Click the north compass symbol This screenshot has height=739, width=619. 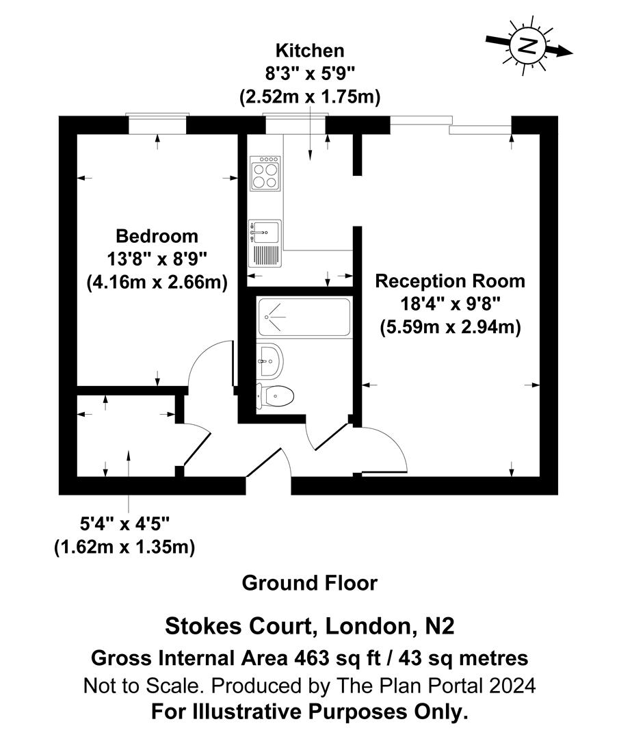tap(527, 47)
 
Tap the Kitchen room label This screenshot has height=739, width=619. tap(309, 51)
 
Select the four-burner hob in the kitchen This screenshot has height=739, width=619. tap(266, 173)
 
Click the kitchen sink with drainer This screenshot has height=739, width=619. tap(266, 244)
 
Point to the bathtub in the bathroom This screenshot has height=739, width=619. tap(304, 317)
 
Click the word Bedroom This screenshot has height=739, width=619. tap(157, 237)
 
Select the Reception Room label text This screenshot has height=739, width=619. tap(450, 281)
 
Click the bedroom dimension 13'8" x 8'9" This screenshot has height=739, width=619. tap(157, 259)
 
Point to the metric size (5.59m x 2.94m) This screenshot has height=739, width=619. tap(451, 327)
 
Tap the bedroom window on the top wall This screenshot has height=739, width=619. tap(157, 125)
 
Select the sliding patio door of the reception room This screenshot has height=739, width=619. tap(451, 125)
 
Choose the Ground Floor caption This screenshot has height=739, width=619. tap(309, 583)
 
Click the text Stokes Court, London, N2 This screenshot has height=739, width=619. tap(309, 625)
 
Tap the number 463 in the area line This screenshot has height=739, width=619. tap(308, 658)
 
